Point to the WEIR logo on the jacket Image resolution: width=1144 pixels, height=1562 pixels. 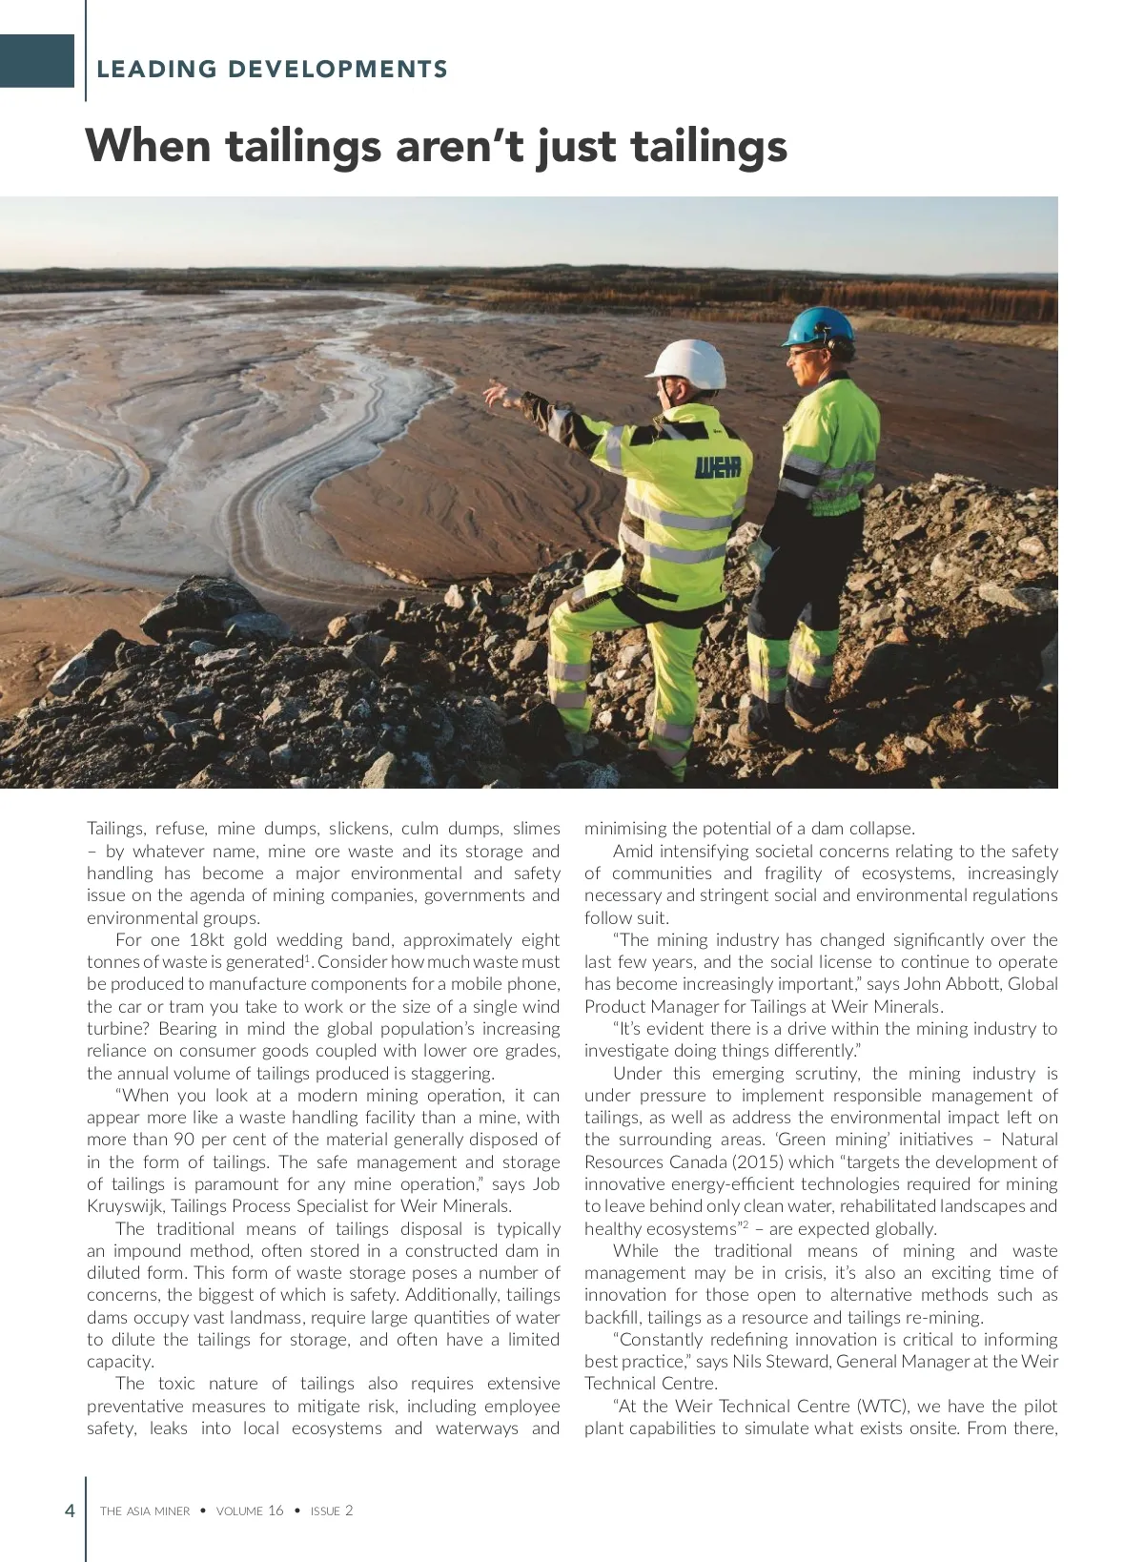point(717,467)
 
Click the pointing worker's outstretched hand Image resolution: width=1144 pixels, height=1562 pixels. point(498,395)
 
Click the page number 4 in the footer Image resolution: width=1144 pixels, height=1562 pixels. point(70,1511)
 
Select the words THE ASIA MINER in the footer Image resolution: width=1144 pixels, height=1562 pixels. point(145,1511)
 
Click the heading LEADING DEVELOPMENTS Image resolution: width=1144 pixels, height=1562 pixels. point(272,70)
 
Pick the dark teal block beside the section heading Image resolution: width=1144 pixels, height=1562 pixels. point(36,61)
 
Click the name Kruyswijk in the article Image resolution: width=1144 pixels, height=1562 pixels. point(125,1206)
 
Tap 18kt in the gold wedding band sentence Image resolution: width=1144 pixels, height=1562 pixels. point(206,940)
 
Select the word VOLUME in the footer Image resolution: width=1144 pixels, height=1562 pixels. point(239,1511)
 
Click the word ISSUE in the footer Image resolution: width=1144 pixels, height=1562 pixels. point(325,1511)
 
